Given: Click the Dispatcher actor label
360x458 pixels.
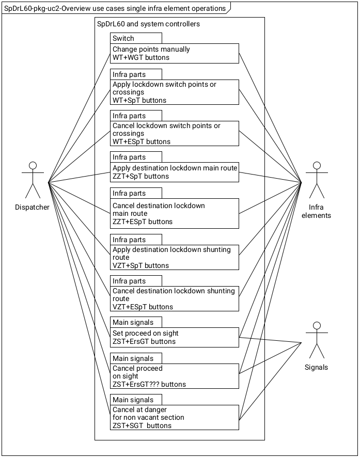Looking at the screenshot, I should tap(32, 207).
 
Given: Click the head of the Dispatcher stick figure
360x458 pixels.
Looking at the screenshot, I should tap(33, 165).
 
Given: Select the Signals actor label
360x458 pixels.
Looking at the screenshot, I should tap(316, 367).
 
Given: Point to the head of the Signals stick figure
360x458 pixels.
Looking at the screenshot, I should tap(316, 325).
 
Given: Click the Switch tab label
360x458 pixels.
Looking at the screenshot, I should tap(123, 38).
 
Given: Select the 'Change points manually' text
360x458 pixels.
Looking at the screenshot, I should tap(151, 50).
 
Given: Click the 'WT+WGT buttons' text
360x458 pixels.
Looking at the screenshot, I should tap(141, 57).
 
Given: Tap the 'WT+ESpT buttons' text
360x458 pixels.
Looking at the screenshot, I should tap(142, 141).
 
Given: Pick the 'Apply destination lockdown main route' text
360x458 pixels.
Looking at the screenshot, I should tap(175, 168).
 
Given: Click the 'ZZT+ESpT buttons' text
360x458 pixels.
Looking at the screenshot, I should tap(143, 222).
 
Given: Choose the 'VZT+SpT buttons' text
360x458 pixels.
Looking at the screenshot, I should tap(140, 265).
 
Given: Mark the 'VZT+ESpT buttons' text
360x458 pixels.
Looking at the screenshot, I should tap(143, 307).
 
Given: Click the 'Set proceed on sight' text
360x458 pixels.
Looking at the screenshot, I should tap(146, 333).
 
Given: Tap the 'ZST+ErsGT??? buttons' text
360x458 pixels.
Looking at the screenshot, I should tap(149, 384).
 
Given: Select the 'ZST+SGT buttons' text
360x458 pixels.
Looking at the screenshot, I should tap(142, 425).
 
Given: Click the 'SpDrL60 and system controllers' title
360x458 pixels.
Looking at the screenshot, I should tap(148, 24).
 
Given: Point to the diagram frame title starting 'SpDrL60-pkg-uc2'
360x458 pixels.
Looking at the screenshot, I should tap(115, 8).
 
